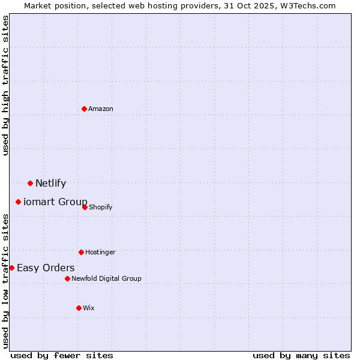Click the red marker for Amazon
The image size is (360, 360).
85,109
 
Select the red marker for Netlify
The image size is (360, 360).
30,183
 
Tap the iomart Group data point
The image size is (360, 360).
18,202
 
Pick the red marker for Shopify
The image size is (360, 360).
85,207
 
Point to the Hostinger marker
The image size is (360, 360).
81,252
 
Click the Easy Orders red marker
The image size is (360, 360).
11,268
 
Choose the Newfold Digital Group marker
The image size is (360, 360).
67,278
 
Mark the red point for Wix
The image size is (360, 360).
79,308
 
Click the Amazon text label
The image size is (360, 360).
101,109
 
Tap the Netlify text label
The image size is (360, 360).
50,184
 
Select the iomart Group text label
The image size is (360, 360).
55,202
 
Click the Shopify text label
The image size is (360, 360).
101,208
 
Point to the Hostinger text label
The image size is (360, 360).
100,252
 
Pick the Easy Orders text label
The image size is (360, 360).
46,268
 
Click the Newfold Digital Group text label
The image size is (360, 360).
106,278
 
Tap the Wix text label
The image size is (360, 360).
89,308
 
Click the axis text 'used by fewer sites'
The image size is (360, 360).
62,355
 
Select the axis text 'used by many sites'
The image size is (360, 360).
301,355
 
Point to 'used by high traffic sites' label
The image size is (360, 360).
5,85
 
